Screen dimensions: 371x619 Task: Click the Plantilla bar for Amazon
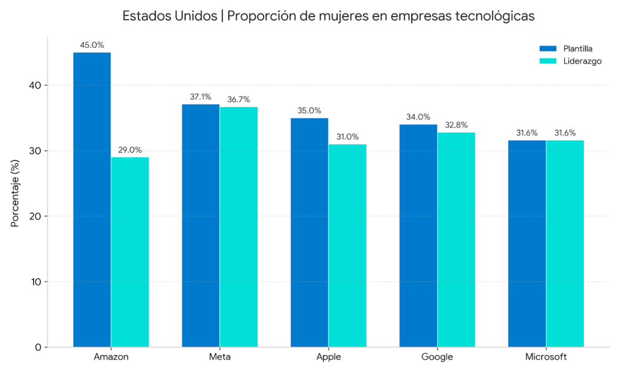[92, 199]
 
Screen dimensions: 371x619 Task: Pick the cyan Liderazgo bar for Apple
[348, 245]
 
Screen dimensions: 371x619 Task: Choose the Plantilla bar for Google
[418, 236]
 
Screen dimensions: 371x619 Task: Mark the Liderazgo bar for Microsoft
[565, 244]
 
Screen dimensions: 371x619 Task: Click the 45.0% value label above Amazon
[92, 45]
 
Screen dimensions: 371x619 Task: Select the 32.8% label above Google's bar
[456, 125]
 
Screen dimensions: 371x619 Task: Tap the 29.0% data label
[130, 150]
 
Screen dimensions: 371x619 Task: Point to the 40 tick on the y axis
[36, 85]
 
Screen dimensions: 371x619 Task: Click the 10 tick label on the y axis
[36, 282]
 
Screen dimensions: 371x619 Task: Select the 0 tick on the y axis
[39, 347]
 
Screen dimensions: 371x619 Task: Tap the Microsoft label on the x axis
[546, 357]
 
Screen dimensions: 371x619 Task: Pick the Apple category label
[328, 357]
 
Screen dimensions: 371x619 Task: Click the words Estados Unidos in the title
[170, 16]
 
